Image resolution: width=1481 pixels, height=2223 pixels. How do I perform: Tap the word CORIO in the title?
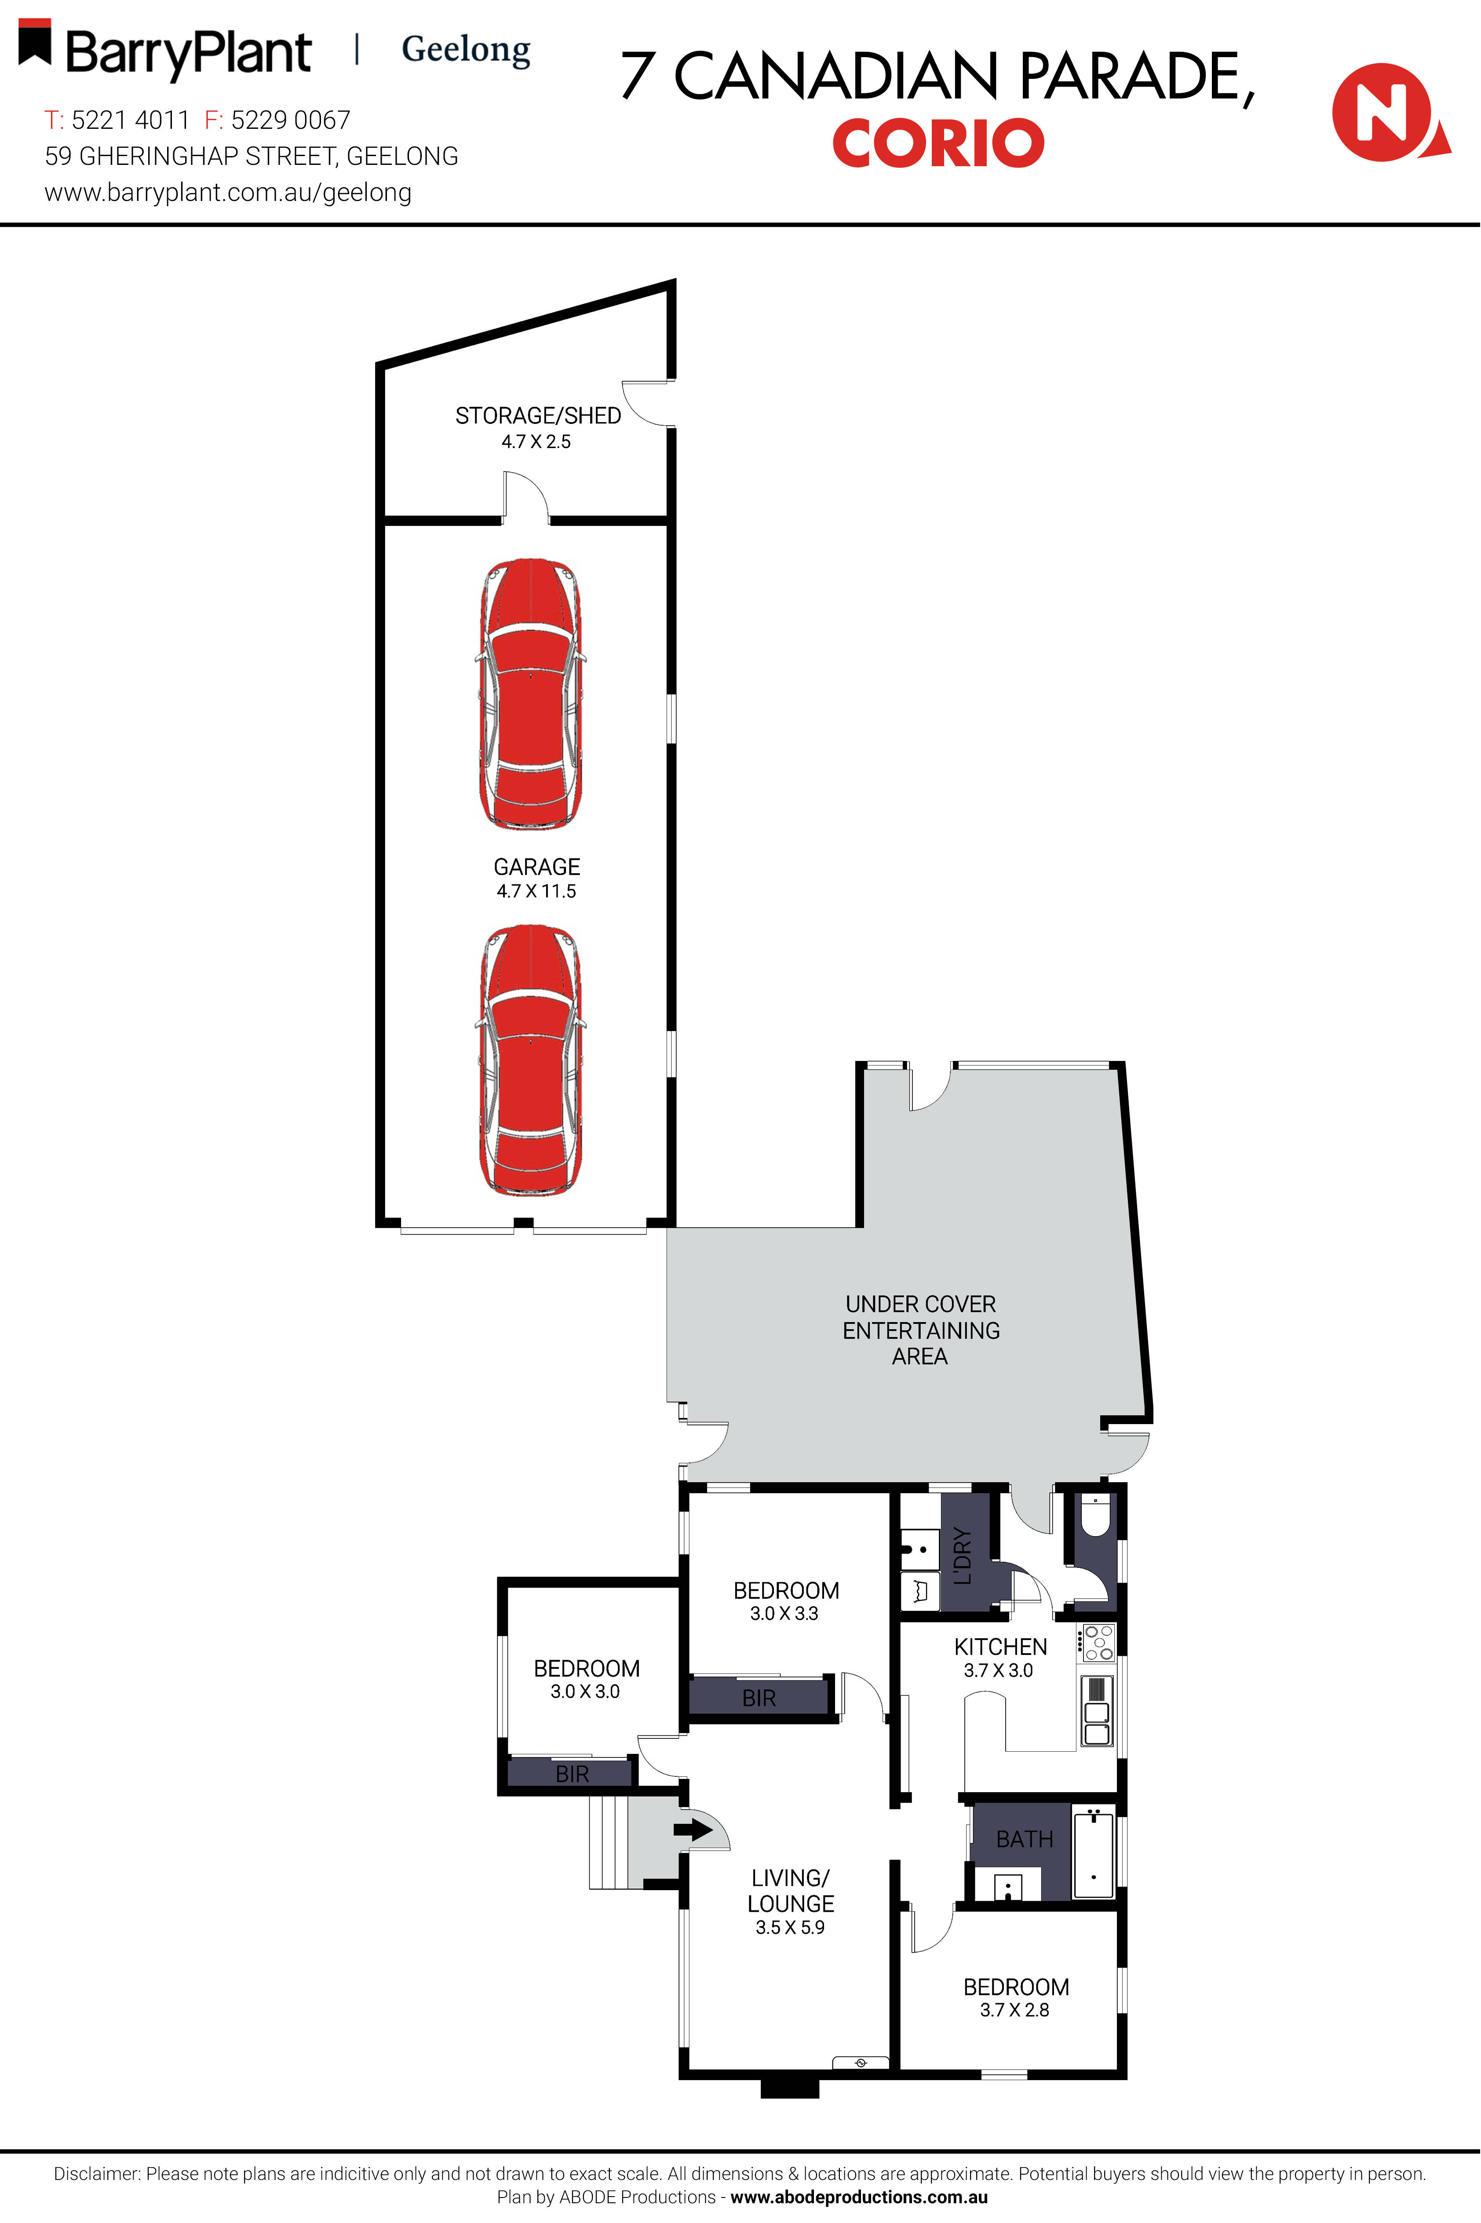[x=938, y=143]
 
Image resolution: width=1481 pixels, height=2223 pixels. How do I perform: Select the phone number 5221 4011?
[x=130, y=120]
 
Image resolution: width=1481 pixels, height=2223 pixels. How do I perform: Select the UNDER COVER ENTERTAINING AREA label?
[x=921, y=1330]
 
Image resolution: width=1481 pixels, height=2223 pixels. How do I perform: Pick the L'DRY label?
[x=963, y=1555]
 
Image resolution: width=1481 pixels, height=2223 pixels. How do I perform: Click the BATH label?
[x=1025, y=1839]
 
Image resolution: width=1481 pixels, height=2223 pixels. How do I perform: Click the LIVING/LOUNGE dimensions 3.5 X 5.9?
[x=790, y=1928]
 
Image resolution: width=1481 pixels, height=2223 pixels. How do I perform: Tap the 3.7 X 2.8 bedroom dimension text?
[x=1014, y=2010]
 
